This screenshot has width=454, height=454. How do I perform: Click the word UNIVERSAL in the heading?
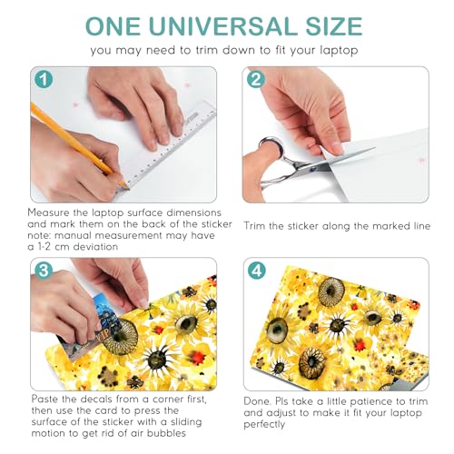pyautogui.click(x=223, y=26)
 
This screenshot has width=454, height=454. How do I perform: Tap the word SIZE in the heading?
pyautogui.click(x=334, y=26)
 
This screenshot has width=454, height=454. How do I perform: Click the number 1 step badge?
pyautogui.click(x=44, y=80)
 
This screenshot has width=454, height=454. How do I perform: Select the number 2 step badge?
pyautogui.click(x=256, y=80)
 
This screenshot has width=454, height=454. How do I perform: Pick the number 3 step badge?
pyautogui.click(x=44, y=271)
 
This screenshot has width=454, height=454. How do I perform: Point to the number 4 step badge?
pyautogui.click(x=257, y=271)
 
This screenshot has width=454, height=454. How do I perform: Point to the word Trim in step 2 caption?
pyautogui.click(x=255, y=226)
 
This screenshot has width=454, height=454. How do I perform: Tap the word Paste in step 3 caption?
pyautogui.click(x=44, y=399)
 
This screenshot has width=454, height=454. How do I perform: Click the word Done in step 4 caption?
pyautogui.click(x=257, y=401)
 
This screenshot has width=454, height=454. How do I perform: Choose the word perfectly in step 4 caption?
pyautogui.click(x=264, y=425)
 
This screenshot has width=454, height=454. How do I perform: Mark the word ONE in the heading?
pyautogui.click(x=113, y=26)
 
